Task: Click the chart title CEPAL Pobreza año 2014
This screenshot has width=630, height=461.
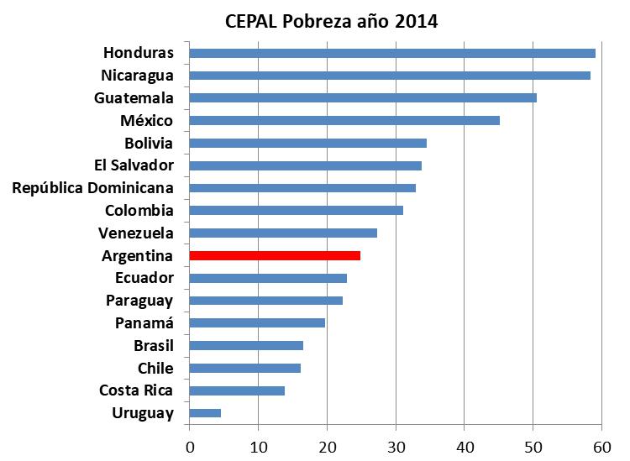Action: pos(331,21)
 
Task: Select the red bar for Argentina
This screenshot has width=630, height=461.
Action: pos(275,255)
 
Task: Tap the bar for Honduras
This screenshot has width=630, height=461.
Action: pos(392,53)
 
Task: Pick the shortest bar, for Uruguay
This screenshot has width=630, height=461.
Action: pos(205,412)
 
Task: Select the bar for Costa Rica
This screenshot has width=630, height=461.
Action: pos(237,390)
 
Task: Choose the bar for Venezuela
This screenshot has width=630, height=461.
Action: pos(283,233)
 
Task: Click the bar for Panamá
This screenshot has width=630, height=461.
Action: pos(257,322)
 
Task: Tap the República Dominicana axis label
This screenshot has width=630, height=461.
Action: pos(92,187)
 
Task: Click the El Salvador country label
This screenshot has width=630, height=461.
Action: pos(134,165)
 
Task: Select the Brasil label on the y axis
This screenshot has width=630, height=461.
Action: pos(153,345)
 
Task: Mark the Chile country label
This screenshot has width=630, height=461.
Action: pos(155,368)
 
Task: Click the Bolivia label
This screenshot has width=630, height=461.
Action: pos(149,143)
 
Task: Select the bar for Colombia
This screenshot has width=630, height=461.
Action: pos(296,210)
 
